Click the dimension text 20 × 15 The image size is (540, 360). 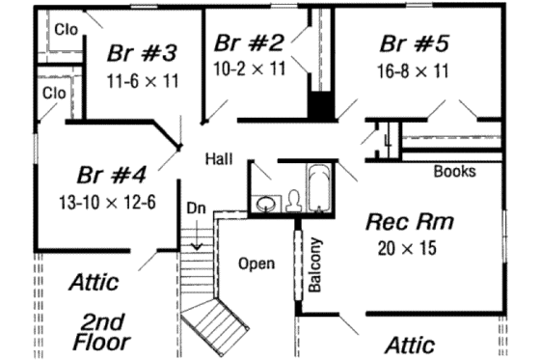tap(408, 248)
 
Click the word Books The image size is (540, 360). tap(454, 173)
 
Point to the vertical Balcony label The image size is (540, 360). tap(314, 264)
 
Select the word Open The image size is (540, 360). tap(256, 263)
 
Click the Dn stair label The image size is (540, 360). tap(196, 208)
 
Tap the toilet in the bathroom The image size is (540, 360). tap(295, 200)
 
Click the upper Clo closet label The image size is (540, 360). tap(66, 29)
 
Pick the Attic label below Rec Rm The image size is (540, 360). tap(409, 345)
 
